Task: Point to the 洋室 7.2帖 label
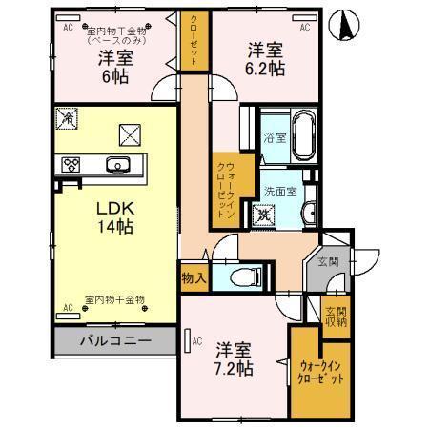[233, 357]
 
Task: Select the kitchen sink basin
[119, 163]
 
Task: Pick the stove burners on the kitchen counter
[71, 164]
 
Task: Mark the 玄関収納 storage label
[335, 317]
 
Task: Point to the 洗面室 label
[278, 189]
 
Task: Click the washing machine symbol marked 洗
[264, 214]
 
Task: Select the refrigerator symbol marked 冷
[67, 119]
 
